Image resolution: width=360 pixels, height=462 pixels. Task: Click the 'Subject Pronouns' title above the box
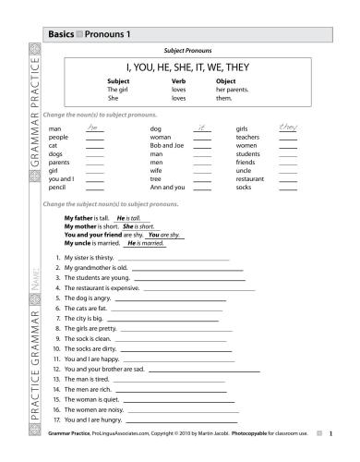click(x=187, y=50)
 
